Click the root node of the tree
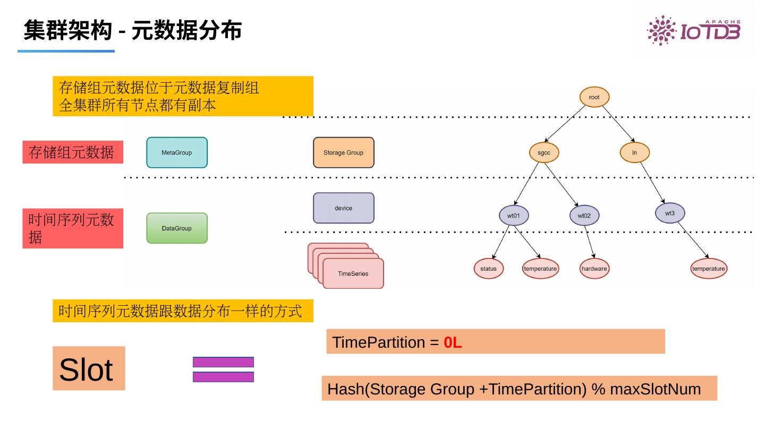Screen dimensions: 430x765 pyautogui.click(x=594, y=97)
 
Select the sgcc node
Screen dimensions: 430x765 pyautogui.click(x=544, y=153)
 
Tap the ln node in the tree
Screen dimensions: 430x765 pyautogui.click(x=634, y=153)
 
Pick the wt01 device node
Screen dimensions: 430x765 pyautogui.click(x=513, y=216)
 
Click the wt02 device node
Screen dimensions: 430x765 pyautogui.click(x=584, y=216)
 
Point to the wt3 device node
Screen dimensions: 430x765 pyautogui.click(x=669, y=213)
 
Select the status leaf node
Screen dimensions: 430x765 pyautogui.click(x=488, y=269)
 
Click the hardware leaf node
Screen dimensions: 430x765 pyautogui.click(x=594, y=269)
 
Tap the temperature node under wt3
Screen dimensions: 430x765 pyautogui.click(x=708, y=269)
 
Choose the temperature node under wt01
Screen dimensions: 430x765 pyautogui.click(x=540, y=269)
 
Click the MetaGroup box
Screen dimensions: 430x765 pyautogui.click(x=177, y=153)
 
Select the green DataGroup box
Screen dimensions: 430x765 pyautogui.click(x=177, y=228)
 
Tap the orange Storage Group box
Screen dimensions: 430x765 pyautogui.click(x=343, y=153)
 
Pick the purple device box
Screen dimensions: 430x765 pyautogui.click(x=343, y=208)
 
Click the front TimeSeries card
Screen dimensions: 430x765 pyautogui.click(x=353, y=274)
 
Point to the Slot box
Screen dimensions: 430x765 pyautogui.click(x=89, y=368)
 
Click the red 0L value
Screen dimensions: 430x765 pyautogui.click(x=453, y=343)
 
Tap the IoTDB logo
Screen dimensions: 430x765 pyautogui.click(x=693, y=30)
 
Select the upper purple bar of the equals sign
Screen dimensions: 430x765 pyautogui.click(x=223, y=362)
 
